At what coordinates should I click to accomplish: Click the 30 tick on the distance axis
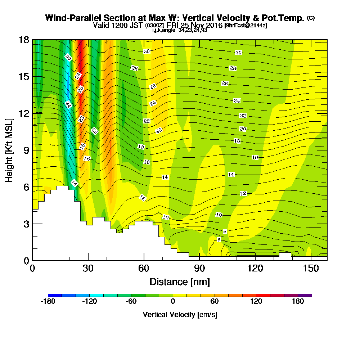(x=88, y=268)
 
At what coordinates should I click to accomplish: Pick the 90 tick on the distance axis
(x=199, y=268)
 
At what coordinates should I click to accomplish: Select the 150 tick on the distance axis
(x=311, y=268)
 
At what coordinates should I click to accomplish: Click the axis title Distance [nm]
(x=180, y=282)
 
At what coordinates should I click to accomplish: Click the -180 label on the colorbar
(x=48, y=302)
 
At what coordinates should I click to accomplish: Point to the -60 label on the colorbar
(x=131, y=302)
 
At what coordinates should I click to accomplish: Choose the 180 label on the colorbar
(x=298, y=302)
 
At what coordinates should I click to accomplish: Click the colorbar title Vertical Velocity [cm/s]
(x=180, y=315)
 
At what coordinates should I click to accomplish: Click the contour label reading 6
(x=219, y=240)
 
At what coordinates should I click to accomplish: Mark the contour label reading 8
(x=225, y=231)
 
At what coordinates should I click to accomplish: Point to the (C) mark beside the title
(x=311, y=18)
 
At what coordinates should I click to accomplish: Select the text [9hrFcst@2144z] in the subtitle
(x=246, y=26)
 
